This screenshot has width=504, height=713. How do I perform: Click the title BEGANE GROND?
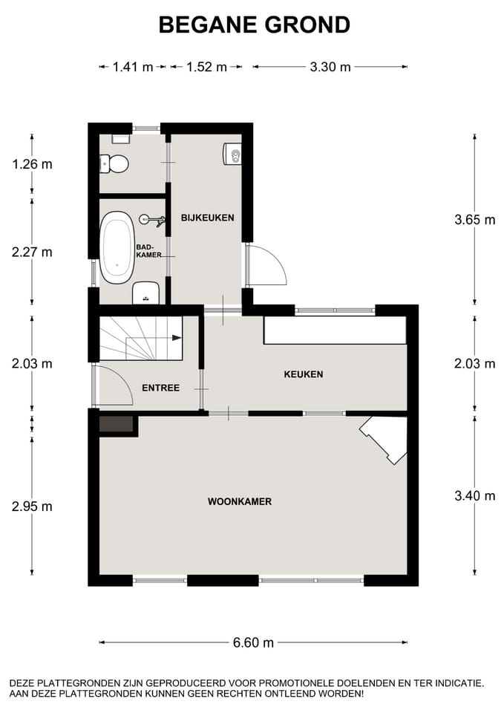[x=254, y=25]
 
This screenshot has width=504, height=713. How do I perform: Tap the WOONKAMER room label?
[x=239, y=501]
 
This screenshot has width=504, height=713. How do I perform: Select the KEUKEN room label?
[x=304, y=374]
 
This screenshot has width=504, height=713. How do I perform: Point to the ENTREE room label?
[x=161, y=388]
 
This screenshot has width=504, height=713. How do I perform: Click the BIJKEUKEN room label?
[x=207, y=218]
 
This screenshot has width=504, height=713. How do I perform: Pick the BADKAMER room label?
[x=148, y=251]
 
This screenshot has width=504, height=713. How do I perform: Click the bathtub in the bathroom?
[x=116, y=247]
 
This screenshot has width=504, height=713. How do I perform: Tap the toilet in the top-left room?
[x=115, y=163]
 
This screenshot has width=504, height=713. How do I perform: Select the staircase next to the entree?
[x=141, y=338]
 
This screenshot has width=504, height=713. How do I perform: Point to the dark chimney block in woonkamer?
[x=117, y=424]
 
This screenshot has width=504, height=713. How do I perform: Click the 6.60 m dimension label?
[x=253, y=642]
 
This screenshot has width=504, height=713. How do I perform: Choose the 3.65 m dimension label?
[x=474, y=220]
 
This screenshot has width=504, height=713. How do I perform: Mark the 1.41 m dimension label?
[x=132, y=67]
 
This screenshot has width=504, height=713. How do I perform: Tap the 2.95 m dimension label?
[x=32, y=507]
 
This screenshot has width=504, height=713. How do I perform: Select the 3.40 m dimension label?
[x=474, y=495]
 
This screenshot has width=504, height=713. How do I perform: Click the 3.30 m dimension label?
[x=330, y=67]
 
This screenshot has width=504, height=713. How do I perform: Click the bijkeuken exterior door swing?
[x=266, y=266]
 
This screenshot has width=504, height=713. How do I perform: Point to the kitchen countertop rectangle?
[x=335, y=331]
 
